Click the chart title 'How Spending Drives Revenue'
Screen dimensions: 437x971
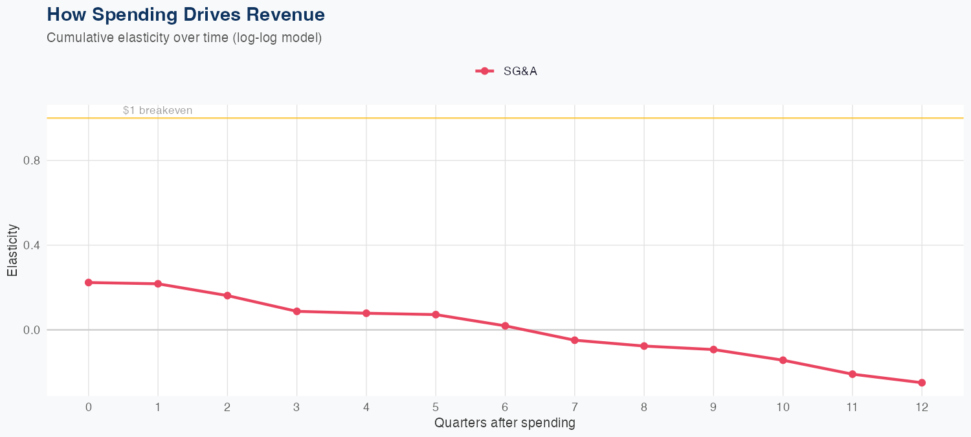pyautogui.click(x=186, y=14)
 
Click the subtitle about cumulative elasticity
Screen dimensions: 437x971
pyautogui.click(x=184, y=38)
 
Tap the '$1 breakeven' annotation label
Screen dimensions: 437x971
pyautogui.click(x=157, y=111)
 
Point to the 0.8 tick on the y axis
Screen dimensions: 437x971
pyautogui.click(x=32, y=161)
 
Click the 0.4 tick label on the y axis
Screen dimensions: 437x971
pyautogui.click(x=32, y=245)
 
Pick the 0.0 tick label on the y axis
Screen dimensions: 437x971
pyautogui.click(x=32, y=330)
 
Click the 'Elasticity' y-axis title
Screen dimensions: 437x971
pyautogui.click(x=13, y=250)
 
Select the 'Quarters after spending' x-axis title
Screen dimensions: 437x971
pyautogui.click(x=504, y=423)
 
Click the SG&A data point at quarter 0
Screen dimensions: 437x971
pyautogui.click(x=88, y=282)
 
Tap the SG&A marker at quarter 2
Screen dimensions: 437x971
pyautogui.click(x=227, y=296)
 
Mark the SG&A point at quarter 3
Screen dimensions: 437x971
pyautogui.click(x=296, y=311)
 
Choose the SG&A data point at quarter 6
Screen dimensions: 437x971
pyautogui.click(x=505, y=326)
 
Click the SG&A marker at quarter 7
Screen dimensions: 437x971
pyautogui.click(x=574, y=340)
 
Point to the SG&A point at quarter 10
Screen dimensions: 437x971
pyautogui.click(x=783, y=360)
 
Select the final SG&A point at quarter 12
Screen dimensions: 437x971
pyautogui.click(x=922, y=383)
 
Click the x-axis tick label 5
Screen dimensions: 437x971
pyautogui.click(x=436, y=407)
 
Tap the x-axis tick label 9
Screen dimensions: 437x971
pyautogui.click(x=713, y=407)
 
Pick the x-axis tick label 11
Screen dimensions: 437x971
pyautogui.click(x=852, y=407)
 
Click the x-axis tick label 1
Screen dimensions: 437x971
pyautogui.click(x=157, y=407)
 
